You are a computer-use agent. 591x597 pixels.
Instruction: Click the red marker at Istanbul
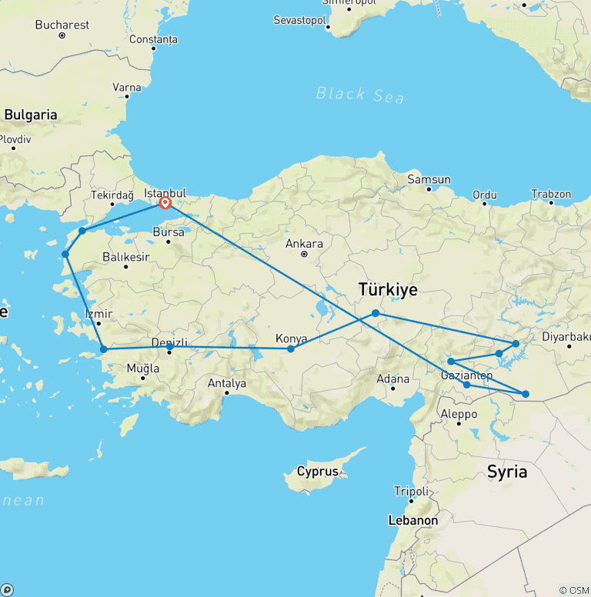pyautogui.click(x=165, y=203)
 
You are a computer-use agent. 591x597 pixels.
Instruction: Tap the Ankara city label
pyautogui.click(x=304, y=244)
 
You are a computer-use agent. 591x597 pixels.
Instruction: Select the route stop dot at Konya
pyautogui.click(x=291, y=349)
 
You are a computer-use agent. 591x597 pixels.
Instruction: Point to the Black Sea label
pyautogui.click(x=361, y=95)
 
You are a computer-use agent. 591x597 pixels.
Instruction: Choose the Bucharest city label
pyautogui.click(x=62, y=25)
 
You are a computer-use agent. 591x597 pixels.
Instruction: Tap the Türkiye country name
pyautogui.click(x=388, y=290)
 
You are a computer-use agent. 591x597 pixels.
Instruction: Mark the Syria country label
pyautogui.click(x=507, y=472)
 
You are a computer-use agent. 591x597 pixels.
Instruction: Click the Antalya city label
pyautogui.click(x=227, y=382)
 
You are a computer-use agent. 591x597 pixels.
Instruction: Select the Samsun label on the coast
pyautogui.click(x=429, y=180)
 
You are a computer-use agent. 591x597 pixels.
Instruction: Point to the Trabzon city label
pyautogui.click(x=551, y=195)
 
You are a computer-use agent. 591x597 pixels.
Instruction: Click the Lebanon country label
pyautogui.click(x=413, y=520)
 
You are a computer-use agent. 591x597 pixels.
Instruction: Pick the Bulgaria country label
pyautogui.click(x=31, y=115)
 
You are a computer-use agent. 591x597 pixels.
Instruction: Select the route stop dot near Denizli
pyautogui.click(x=170, y=348)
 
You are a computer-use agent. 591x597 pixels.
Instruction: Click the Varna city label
pyautogui.click(x=127, y=88)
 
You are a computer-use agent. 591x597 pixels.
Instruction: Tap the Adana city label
pyautogui.click(x=392, y=379)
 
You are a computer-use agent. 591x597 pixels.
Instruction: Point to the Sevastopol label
pyautogui.click(x=300, y=18)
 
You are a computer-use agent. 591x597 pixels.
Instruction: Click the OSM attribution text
pyautogui.click(x=574, y=590)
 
